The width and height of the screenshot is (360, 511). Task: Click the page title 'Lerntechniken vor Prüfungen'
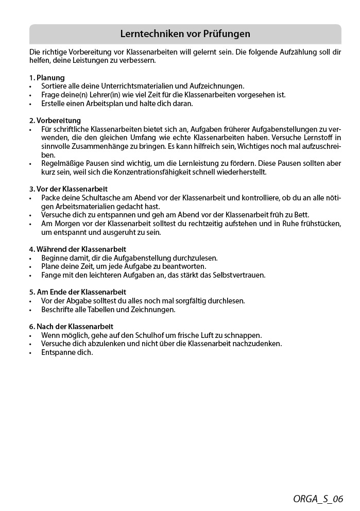point(185,34)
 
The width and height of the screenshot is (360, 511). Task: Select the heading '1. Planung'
point(47,77)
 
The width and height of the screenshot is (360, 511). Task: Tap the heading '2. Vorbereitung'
point(55,120)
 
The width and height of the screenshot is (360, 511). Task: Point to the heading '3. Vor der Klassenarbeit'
point(68,189)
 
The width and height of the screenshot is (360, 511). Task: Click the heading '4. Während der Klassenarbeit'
point(77,249)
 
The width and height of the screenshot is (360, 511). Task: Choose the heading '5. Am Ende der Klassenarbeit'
point(77,292)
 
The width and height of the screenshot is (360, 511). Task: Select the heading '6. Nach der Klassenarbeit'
point(71,326)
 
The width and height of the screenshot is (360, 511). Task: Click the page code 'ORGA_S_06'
point(318,498)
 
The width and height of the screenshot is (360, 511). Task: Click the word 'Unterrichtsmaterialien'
point(136,86)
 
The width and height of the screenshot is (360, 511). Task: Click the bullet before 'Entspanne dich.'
point(30,352)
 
